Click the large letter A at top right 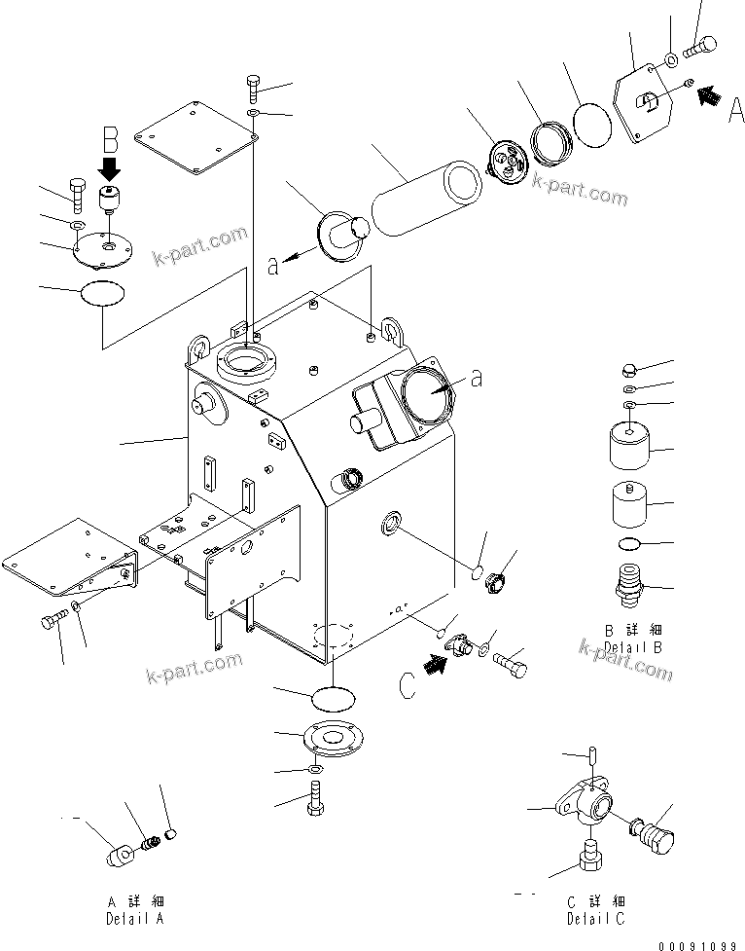pyautogui.click(x=736, y=109)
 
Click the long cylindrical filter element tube pyautogui.click(x=425, y=199)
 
